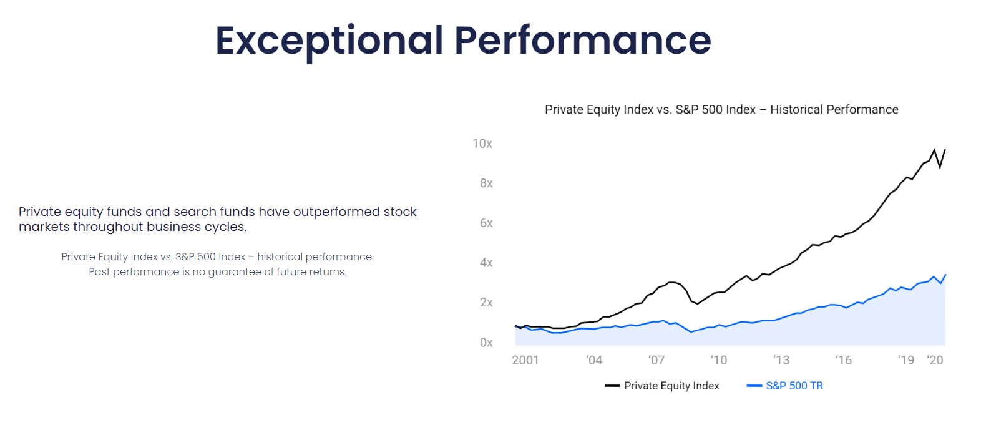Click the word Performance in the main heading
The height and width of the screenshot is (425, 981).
(583, 41)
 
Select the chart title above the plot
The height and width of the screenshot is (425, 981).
(721, 110)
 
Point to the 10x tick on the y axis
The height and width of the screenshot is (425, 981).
(482, 144)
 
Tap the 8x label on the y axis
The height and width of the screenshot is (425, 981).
(486, 183)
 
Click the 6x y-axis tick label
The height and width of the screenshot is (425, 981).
(486, 223)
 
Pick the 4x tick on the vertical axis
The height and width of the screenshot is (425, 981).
(486, 263)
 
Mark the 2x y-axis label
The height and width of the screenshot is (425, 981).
(486, 302)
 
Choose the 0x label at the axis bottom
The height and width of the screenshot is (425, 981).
(486, 342)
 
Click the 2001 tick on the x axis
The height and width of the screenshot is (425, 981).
(525, 360)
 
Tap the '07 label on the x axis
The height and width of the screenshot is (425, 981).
(656, 360)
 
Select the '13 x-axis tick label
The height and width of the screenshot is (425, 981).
(781, 360)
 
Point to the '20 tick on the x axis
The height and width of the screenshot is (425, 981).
(935, 360)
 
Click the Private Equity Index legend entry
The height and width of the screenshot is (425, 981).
(661, 386)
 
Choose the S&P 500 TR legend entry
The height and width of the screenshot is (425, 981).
(785, 386)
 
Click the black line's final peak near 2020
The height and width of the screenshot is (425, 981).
(934, 150)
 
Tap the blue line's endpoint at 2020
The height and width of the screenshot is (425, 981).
(945, 275)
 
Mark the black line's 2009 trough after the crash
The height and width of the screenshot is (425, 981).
(697, 304)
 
